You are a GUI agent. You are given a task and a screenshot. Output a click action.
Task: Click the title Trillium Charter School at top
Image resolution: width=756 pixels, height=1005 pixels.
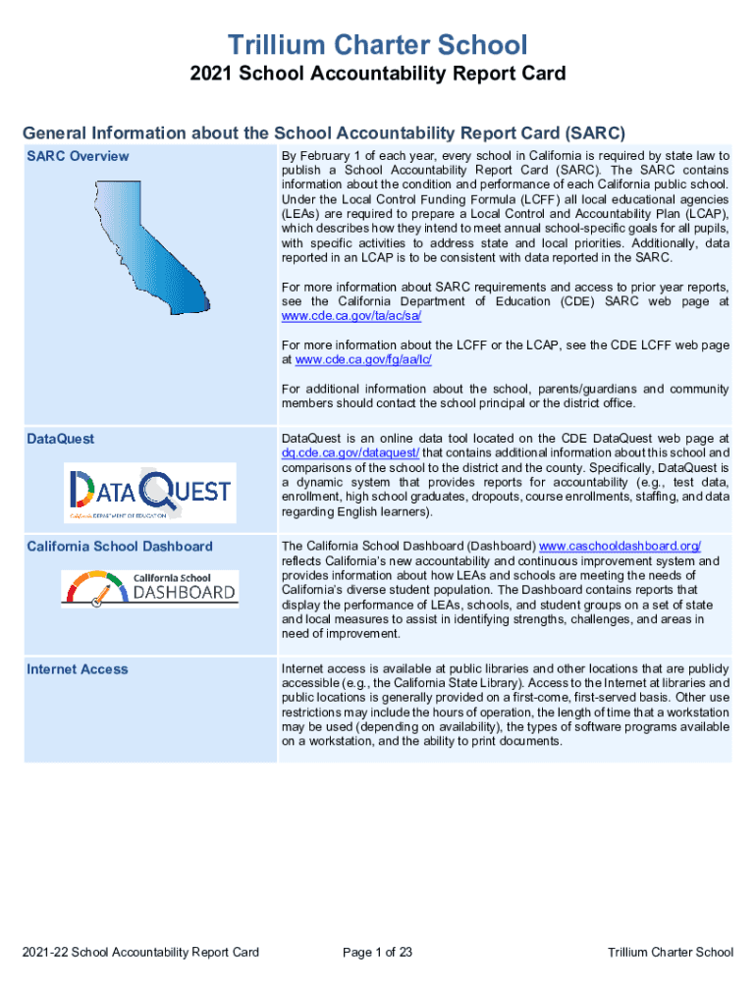pyautogui.click(x=378, y=44)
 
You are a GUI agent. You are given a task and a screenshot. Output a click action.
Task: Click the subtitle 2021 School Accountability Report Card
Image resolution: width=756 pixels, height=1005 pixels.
pyautogui.click(x=378, y=75)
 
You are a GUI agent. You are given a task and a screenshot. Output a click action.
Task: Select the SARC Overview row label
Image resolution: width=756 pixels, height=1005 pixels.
pyautogui.click(x=78, y=156)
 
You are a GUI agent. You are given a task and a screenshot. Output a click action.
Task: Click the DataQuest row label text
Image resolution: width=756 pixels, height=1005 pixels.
pyautogui.click(x=61, y=439)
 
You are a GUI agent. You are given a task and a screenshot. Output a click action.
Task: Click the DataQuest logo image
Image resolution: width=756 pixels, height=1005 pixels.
pyautogui.click(x=150, y=492)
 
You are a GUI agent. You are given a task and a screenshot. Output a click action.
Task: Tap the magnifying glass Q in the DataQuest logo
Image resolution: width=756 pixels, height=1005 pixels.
pyautogui.click(x=156, y=489)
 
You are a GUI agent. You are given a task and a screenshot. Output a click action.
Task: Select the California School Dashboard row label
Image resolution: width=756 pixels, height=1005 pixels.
pyautogui.click(x=120, y=547)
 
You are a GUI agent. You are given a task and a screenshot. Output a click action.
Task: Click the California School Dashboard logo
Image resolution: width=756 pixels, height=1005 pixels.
pyautogui.click(x=149, y=587)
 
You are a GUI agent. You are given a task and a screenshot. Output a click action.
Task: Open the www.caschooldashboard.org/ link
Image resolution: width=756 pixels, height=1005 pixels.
pyautogui.click(x=621, y=546)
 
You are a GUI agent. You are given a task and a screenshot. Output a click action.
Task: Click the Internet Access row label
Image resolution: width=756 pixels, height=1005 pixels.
pyautogui.click(x=78, y=669)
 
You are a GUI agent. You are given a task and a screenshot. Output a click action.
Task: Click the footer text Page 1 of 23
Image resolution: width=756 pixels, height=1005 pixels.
pyautogui.click(x=377, y=952)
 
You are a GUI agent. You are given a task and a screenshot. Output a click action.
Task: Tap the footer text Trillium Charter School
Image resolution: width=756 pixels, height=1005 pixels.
pyautogui.click(x=670, y=952)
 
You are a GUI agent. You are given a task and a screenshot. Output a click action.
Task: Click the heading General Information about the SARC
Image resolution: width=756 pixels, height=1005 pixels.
pyautogui.click(x=324, y=132)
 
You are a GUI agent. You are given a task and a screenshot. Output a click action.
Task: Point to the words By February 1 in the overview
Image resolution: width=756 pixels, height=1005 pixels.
pyautogui.click(x=320, y=156)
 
